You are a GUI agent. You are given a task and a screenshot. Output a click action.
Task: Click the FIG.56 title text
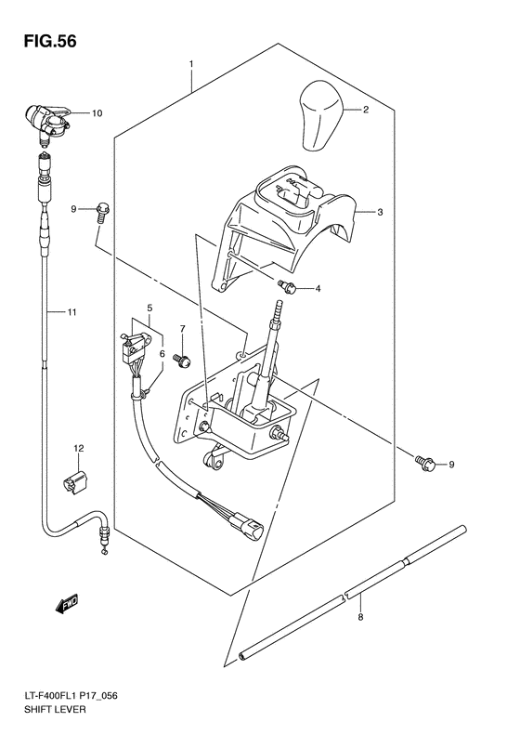(44, 42)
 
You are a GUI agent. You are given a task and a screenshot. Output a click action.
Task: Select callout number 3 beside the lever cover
(381, 212)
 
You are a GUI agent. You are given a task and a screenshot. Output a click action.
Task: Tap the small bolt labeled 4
(287, 287)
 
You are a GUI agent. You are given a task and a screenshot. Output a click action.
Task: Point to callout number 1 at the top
(190, 65)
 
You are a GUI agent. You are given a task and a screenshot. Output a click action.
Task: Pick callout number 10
(97, 113)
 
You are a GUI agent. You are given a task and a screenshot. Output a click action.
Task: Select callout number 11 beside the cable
(70, 313)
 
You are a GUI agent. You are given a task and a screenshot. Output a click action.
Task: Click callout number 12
(79, 448)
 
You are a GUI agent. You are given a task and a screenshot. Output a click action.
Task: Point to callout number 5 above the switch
(149, 307)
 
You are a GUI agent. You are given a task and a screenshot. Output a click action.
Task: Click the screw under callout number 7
(183, 355)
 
